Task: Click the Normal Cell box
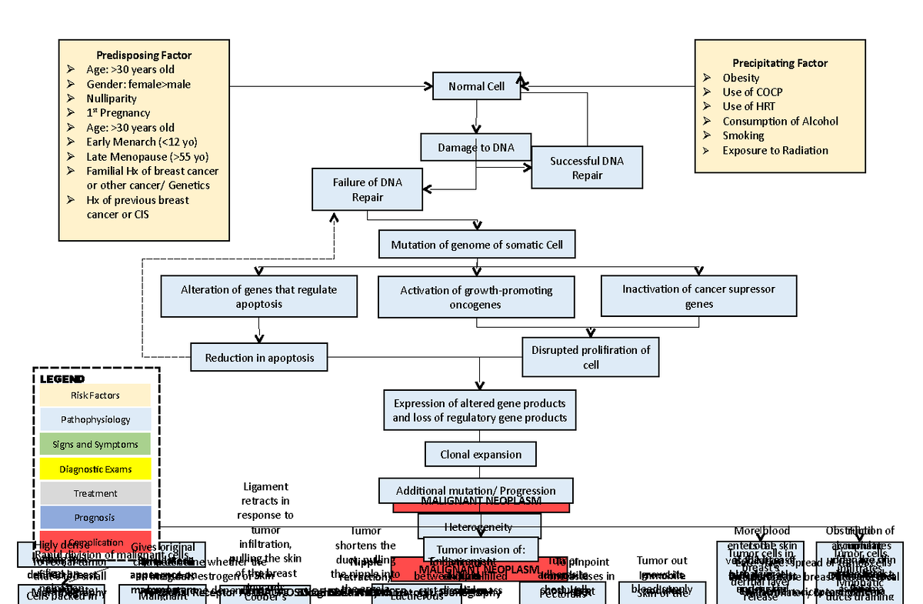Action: click(477, 86)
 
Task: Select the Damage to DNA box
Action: click(477, 147)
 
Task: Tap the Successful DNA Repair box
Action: click(587, 168)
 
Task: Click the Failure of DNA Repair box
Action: click(367, 189)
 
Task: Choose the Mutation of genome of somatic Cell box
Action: click(477, 245)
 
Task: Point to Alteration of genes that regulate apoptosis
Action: click(259, 296)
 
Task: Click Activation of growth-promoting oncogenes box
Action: click(476, 297)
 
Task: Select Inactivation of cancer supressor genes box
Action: click(698, 296)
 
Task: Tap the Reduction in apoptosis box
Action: click(259, 358)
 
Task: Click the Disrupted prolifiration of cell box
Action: click(590, 357)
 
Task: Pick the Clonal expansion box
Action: click(481, 454)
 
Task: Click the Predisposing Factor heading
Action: click(144, 55)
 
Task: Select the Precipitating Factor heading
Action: click(780, 63)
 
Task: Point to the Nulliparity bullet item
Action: click(112, 98)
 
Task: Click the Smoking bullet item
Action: click(743, 135)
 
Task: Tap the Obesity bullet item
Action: click(741, 78)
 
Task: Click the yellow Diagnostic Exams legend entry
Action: click(95, 469)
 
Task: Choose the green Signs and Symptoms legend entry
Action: click(95, 445)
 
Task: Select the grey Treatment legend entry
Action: click(95, 493)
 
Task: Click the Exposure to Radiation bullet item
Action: click(775, 150)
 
